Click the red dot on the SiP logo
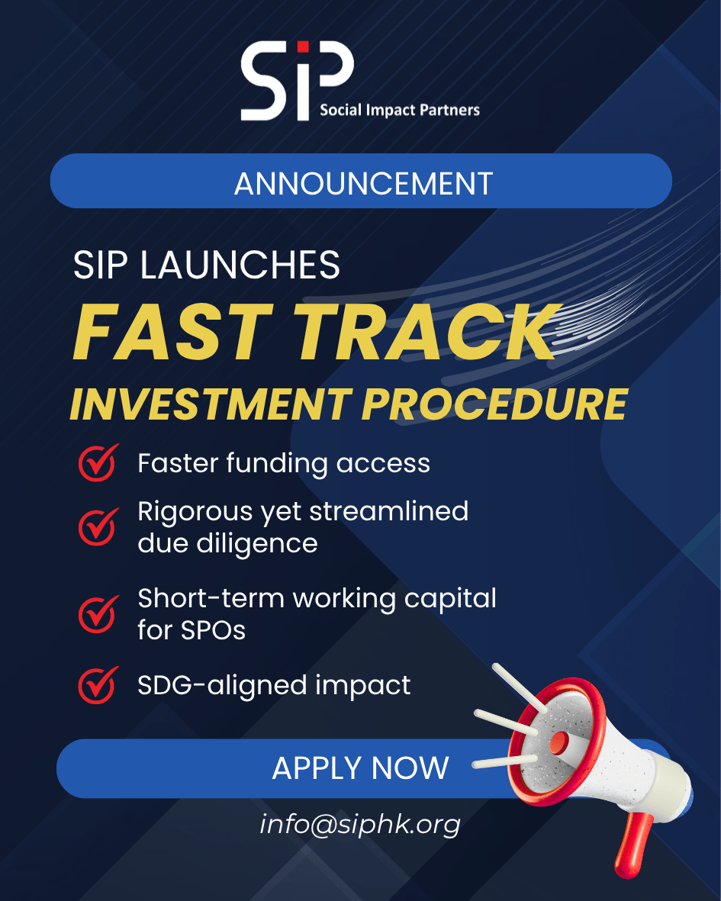pos(303,47)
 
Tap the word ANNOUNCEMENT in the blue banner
pos(363,183)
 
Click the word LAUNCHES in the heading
pos(240,265)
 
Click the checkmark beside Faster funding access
pos(98,462)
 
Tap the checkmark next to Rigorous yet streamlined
pos(98,526)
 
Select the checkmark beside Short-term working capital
pos(98,614)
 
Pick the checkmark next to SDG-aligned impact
pos(98,685)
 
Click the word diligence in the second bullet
pos(257,544)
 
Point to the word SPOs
pos(213,630)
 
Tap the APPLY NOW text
pos(360,768)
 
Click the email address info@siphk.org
pos(360,825)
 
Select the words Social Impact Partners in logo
pos(399,110)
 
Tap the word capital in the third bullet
pos(450,600)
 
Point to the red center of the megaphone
pos(558,743)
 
